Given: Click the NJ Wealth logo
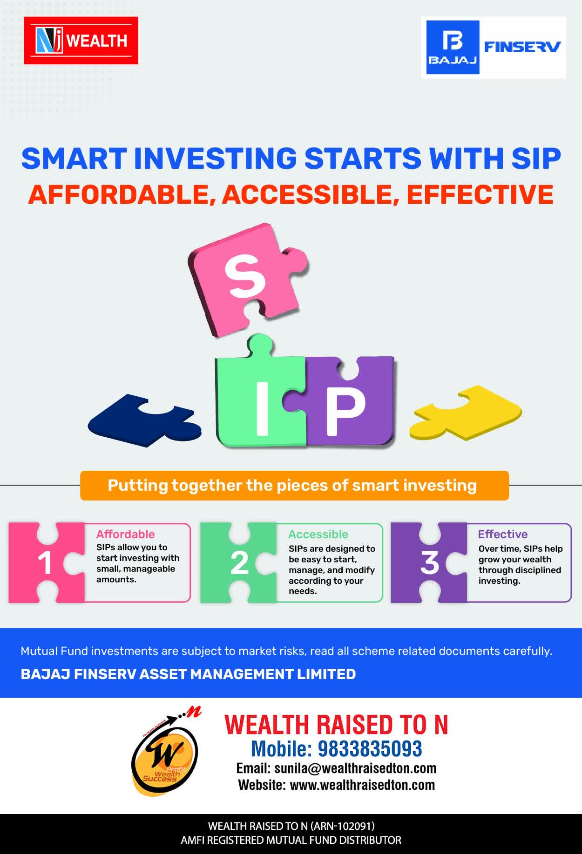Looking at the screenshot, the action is pyautogui.click(x=81, y=40).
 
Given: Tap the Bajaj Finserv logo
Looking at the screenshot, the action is pyautogui.click(x=494, y=47).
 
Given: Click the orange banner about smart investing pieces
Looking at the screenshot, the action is pyautogui.click(x=294, y=486).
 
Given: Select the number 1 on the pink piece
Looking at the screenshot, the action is pyautogui.click(x=45, y=563).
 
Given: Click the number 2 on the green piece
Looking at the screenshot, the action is pyautogui.click(x=239, y=563).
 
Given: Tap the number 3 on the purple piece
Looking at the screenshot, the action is pyautogui.click(x=430, y=563).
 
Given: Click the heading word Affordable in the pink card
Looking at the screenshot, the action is pyautogui.click(x=125, y=534).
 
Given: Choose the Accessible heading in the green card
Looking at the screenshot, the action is pyautogui.click(x=318, y=534).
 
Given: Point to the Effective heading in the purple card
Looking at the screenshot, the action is pyautogui.click(x=503, y=534).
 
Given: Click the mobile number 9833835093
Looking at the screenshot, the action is pyautogui.click(x=370, y=749).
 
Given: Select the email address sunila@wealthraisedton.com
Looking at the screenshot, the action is pyautogui.click(x=355, y=768).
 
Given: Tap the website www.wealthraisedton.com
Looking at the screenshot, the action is pyautogui.click(x=362, y=785).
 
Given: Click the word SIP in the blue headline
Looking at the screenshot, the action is pyautogui.click(x=536, y=158).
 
